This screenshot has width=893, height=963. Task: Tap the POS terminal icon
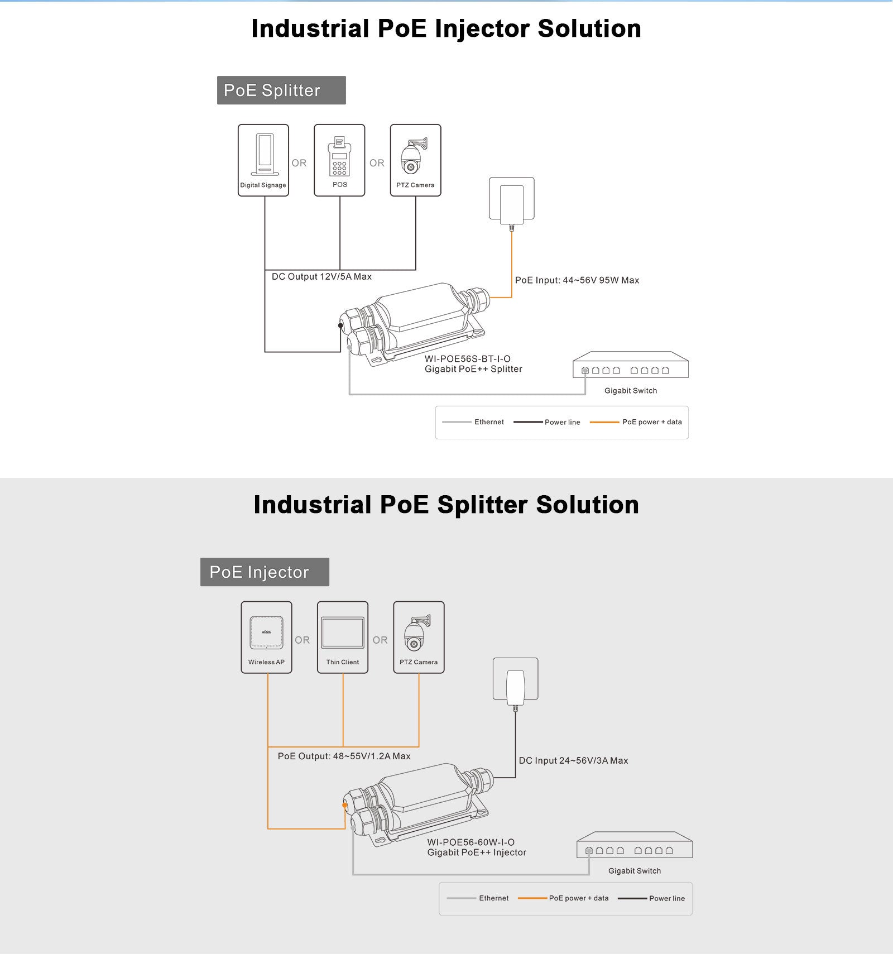(x=339, y=156)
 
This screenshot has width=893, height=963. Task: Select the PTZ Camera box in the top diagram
(x=415, y=160)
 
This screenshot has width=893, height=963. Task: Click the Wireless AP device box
(x=266, y=637)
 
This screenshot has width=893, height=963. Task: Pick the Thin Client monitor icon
(x=343, y=633)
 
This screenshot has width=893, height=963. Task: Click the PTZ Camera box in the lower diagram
(x=419, y=637)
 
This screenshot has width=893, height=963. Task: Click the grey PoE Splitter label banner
(x=281, y=90)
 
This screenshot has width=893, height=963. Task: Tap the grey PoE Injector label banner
(x=265, y=572)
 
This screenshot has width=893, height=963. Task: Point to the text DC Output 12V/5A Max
(x=321, y=277)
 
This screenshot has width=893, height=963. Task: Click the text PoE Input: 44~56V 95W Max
(x=577, y=280)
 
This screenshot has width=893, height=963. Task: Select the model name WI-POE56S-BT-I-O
(x=467, y=359)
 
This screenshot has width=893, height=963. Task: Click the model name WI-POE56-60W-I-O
(x=470, y=842)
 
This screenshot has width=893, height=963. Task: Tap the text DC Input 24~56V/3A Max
(x=573, y=760)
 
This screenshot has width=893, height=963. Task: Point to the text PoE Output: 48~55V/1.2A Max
(x=344, y=756)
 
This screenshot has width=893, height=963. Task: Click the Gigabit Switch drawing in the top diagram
(x=631, y=366)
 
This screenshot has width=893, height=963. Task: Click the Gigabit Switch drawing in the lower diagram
(x=635, y=846)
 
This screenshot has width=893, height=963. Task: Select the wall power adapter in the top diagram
(x=512, y=201)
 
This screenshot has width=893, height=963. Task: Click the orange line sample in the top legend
(x=604, y=423)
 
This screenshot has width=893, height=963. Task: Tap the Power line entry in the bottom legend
(x=651, y=898)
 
